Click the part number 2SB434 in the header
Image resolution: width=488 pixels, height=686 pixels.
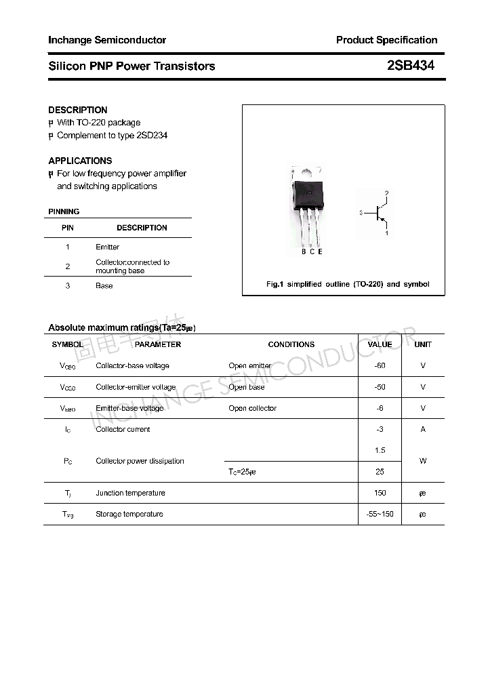pos(410,66)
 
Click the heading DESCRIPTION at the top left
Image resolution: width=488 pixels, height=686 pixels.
pos(77,110)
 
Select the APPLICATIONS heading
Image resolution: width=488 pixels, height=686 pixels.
pos(80,161)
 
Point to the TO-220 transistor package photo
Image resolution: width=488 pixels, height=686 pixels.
pos(308,206)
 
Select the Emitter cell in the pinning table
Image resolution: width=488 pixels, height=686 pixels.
pos(107,247)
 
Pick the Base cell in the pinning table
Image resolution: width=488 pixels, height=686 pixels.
pos(104,285)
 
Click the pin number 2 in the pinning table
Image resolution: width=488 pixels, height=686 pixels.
pos(68,266)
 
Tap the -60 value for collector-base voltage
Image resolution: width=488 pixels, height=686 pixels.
pos(380,366)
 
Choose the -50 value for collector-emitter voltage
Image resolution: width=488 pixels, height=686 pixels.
pos(380,387)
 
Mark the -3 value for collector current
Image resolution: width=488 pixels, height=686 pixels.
pos(380,429)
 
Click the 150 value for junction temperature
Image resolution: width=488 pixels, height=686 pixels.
pos(380,493)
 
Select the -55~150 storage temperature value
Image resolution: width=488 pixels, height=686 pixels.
pos(380,514)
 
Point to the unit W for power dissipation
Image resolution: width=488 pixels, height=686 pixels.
pos(423,461)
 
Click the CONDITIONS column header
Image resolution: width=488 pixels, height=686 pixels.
pos(291,344)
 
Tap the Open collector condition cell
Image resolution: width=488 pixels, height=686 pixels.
pos(252,408)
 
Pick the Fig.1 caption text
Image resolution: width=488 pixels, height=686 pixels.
pos(348,284)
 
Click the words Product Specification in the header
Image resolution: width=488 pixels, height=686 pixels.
pos(386,40)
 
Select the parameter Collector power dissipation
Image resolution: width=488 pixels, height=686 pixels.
pos(140,461)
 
